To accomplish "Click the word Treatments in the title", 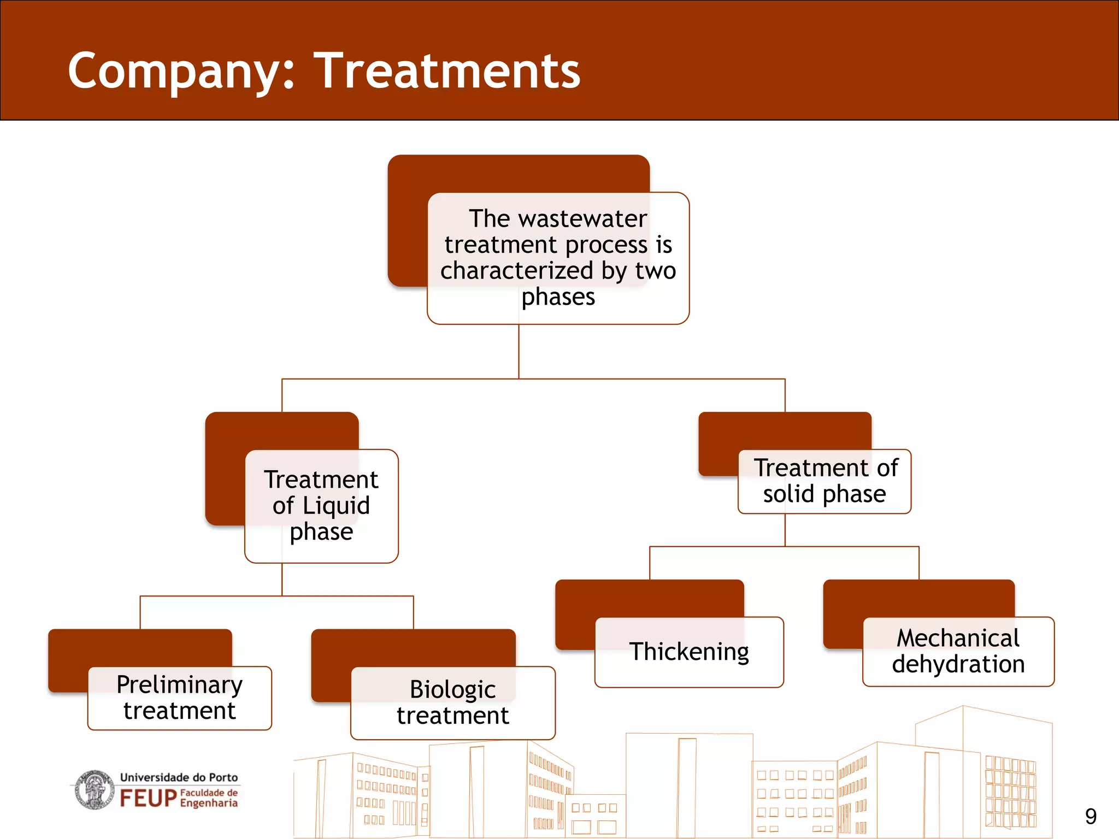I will (449, 71).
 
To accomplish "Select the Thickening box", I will (689, 652).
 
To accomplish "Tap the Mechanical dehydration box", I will (958, 652).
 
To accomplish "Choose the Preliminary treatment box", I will (179, 698).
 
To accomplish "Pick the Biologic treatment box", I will (452, 703).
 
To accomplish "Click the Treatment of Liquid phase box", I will (321, 506).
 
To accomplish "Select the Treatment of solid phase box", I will (824, 481).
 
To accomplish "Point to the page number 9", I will (1091, 817).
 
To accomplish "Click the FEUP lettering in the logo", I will (148, 799).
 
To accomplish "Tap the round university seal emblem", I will (95, 790).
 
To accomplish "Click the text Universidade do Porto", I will (179, 777).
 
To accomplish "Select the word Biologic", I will (452, 689).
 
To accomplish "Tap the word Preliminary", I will (179, 684).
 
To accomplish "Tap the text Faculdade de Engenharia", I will (209, 798).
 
